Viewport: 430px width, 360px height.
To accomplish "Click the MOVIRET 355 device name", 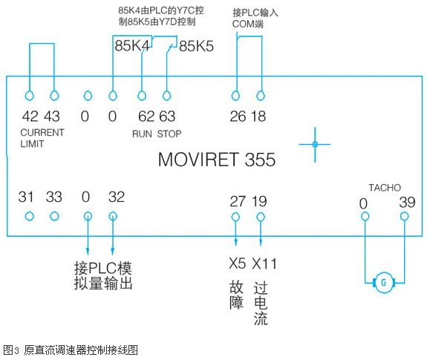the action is (217, 160).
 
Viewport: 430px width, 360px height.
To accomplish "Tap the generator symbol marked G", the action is (384, 282).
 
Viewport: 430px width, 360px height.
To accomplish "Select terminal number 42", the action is (30, 116).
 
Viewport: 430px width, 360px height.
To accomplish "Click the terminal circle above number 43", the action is (54, 96).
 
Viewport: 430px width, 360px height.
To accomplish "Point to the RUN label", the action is (142, 134).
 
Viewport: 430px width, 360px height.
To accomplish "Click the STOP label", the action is (169, 134).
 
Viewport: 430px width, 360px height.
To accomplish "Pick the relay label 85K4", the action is (132, 45).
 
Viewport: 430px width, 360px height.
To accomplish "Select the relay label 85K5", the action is (196, 46).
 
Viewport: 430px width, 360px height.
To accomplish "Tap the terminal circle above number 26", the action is (235, 96).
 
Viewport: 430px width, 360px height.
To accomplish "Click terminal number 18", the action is (258, 117).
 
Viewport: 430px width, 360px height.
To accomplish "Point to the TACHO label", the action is (385, 188).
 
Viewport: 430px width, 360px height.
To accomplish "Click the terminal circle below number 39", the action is (404, 217).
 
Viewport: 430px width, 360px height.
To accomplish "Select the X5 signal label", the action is (237, 264).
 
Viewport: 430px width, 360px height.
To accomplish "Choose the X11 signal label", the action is (264, 264).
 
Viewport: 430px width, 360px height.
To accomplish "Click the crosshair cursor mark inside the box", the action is (315, 144).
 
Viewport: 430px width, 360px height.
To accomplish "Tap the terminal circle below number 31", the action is (30, 216).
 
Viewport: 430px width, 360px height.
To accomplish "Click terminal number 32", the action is (117, 197).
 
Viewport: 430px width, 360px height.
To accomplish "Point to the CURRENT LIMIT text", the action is (42, 138).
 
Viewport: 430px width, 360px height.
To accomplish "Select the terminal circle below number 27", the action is (235, 217).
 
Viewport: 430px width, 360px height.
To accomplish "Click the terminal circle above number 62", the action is (142, 96).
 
